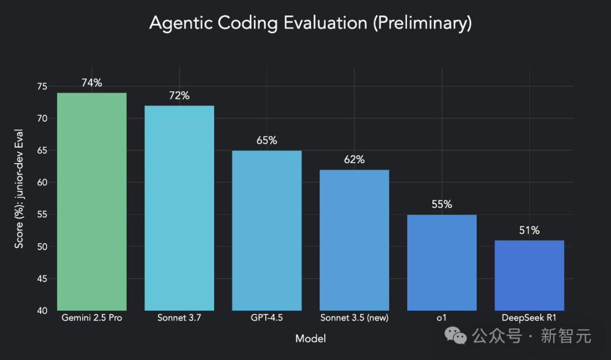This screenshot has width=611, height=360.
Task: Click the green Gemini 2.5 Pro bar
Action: pyautogui.click(x=92, y=202)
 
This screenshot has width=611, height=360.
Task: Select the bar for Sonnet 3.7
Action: pyautogui.click(x=179, y=208)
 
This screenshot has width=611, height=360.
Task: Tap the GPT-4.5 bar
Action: pyautogui.click(x=267, y=230)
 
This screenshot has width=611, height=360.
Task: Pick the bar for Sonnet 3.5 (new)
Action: pyautogui.click(x=354, y=240)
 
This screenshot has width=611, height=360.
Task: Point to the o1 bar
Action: pyautogui.click(x=442, y=263)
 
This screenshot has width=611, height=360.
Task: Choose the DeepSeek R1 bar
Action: pyautogui.click(x=529, y=275)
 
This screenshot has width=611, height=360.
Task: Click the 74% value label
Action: pyautogui.click(x=92, y=83)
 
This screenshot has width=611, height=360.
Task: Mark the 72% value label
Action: pyautogui.click(x=179, y=96)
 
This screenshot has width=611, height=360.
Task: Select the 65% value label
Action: pyautogui.click(x=267, y=141)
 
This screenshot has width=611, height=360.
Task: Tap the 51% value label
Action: pyautogui.click(x=530, y=231)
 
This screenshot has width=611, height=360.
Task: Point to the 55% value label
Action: pyautogui.click(x=442, y=205)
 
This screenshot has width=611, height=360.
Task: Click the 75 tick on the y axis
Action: pyautogui.click(x=42, y=87)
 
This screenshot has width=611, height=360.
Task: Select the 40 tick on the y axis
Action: pyautogui.click(x=42, y=310)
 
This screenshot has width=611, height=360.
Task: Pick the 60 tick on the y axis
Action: pyautogui.click(x=42, y=182)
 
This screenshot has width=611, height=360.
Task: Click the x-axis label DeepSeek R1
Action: pyautogui.click(x=529, y=318)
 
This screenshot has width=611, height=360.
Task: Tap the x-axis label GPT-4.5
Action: pyautogui.click(x=267, y=318)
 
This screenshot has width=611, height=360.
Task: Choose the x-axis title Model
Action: pyautogui.click(x=311, y=338)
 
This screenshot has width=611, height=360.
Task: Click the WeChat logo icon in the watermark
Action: pyautogui.click(x=456, y=336)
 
